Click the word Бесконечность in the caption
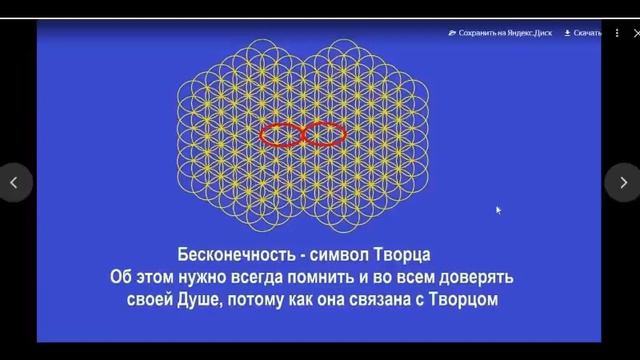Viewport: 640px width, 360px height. tap(236, 255)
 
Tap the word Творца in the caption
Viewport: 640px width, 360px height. tap(402, 255)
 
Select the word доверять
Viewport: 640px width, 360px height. tap(476, 278)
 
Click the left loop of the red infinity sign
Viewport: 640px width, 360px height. tap(261, 135)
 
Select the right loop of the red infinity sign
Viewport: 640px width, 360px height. tap(345, 135)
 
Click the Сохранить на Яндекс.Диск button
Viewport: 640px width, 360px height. tap(500, 33)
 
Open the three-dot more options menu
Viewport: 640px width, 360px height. tap(617, 33)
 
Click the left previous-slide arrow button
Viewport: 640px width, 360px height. tap(15, 182)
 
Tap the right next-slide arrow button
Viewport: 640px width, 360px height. tap(622, 182)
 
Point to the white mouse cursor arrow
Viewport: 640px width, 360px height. tap(498, 210)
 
